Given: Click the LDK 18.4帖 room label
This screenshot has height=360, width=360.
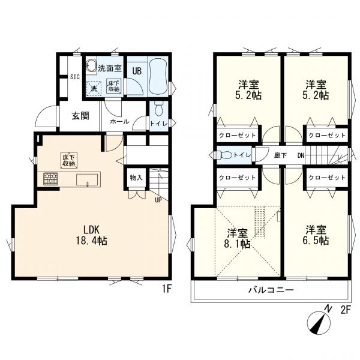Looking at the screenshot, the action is pyautogui.click(x=91, y=235).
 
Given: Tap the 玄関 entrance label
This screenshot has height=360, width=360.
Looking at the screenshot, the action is pyautogui.click(x=80, y=116).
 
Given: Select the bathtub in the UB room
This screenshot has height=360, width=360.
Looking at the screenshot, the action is pyautogui.click(x=158, y=76).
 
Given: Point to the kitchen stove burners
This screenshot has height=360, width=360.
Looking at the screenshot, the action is pyautogui.click(x=51, y=179).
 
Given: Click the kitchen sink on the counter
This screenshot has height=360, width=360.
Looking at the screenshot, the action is pyautogui.click(x=87, y=179).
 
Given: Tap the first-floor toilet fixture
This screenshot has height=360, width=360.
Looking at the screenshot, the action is pyautogui.click(x=159, y=109).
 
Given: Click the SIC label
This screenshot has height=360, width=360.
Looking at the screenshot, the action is pyautogui.click(x=75, y=77).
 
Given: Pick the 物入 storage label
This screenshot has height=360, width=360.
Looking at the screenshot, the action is pyautogui.click(x=136, y=177).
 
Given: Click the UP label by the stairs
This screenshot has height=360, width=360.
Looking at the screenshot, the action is pyautogui.click(x=158, y=200).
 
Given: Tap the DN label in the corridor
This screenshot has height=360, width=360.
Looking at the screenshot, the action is pyautogui.click(x=301, y=155).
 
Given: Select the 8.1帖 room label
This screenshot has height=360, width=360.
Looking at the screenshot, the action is pyautogui.click(x=237, y=238).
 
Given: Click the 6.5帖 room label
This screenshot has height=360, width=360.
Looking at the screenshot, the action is pyautogui.click(x=316, y=235).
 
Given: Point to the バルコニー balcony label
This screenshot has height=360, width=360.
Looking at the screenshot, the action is pyautogui.click(x=271, y=290).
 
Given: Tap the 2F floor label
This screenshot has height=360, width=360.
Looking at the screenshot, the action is pyautogui.click(x=346, y=311).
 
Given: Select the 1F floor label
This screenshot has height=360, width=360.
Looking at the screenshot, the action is pyautogui.click(x=167, y=289).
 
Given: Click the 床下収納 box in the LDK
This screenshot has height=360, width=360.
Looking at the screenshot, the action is pyautogui.click(x=69, y=160).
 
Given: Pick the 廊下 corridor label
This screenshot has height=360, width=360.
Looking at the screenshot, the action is pyautogui.click(x=280, y=155).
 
